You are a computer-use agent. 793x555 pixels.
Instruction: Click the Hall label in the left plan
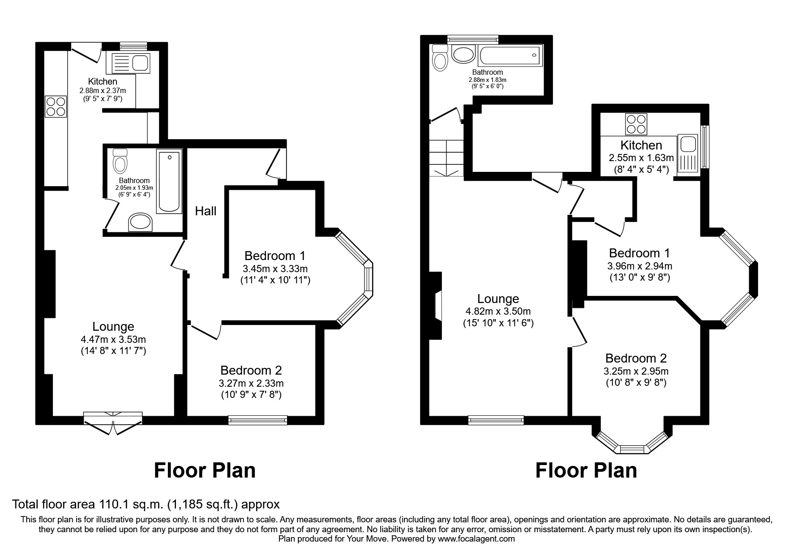[x=206, y=211]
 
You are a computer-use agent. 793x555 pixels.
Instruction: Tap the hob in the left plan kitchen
[x=56, y=107]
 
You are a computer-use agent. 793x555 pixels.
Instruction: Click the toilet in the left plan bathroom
[x=120, y=161]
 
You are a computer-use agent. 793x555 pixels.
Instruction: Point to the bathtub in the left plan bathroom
[x=169, y=182]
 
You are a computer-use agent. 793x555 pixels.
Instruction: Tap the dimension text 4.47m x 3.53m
[x=113, y=339]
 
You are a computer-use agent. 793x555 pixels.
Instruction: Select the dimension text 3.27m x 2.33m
[x=251, y=383]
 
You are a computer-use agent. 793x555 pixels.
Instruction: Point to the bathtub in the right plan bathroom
[x=511, y=55]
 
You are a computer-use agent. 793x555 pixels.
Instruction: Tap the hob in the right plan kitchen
[x=636, y=124]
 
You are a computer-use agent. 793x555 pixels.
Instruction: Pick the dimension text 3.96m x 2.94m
[x=639, y=266]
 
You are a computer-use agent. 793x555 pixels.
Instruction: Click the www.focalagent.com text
[x=476, y=539]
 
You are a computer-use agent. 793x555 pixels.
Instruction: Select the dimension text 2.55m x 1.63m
[x=641, y=158]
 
